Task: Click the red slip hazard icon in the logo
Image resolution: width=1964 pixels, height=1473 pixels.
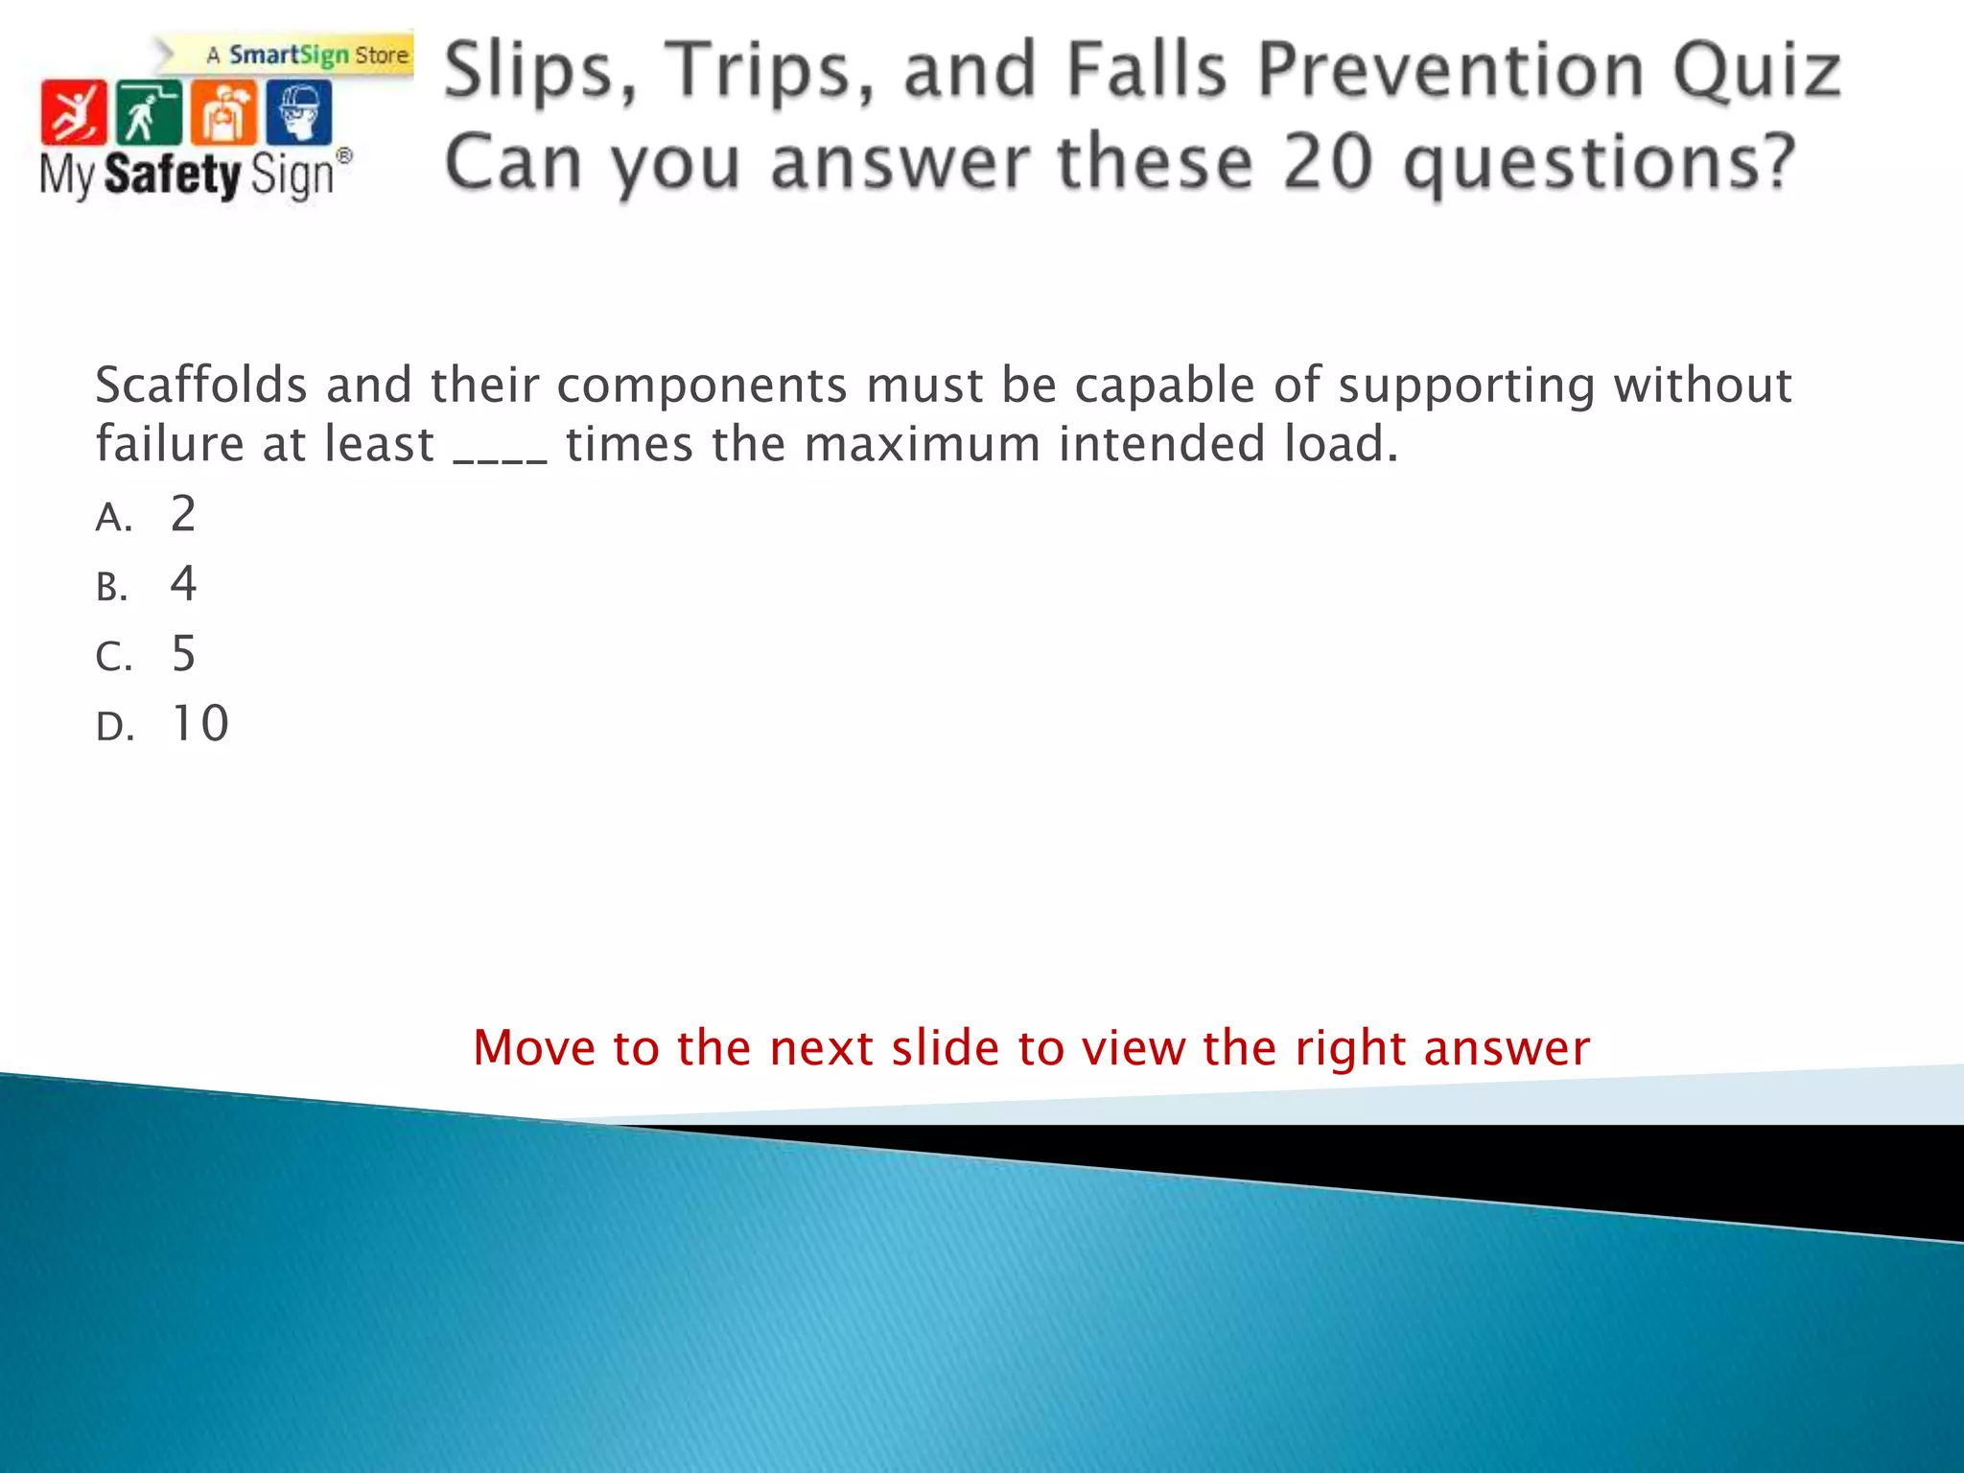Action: click(74, 113)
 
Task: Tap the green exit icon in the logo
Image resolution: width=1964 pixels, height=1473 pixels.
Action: click(149, 113)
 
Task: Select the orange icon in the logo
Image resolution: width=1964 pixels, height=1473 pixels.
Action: click(223, 113)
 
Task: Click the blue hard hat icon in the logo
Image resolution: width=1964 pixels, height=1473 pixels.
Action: click(299, 113)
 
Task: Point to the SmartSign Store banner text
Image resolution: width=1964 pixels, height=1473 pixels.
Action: click(307, 56)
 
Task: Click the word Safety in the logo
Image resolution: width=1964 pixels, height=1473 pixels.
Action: click(173, 175)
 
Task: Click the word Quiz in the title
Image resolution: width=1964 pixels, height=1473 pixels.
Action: click(1757, 71)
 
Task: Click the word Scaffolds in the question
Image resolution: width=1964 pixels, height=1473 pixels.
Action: click(201, 386)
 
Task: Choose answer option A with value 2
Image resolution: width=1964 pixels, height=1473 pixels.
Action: click(182, 515)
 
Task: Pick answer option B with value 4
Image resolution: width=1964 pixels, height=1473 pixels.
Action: click(182, 585)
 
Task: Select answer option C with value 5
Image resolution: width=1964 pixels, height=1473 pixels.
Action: click(182, 655)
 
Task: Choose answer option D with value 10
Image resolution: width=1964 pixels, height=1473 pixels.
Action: click(199, 724)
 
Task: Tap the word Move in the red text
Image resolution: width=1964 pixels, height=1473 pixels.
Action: click(534, 1047)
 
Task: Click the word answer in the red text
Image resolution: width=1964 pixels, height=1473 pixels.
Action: click(1507, 1049)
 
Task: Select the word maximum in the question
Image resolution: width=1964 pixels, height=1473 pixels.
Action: click(922, 445)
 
